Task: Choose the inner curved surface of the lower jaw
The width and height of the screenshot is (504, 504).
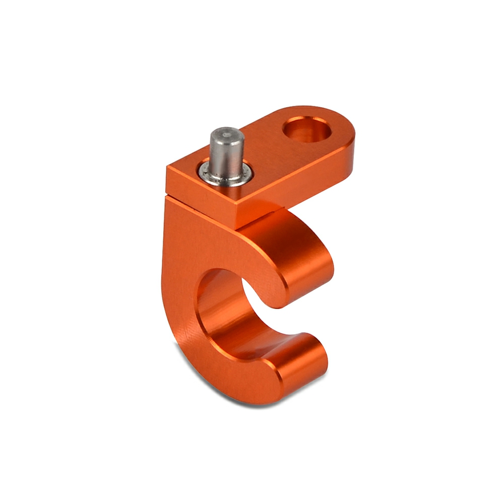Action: tap(262, 343)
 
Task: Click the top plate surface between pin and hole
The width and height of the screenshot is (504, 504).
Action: tap(267, 151)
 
